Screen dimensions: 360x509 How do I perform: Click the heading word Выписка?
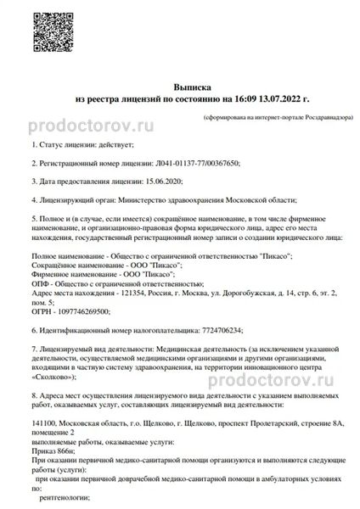point(188,87)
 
